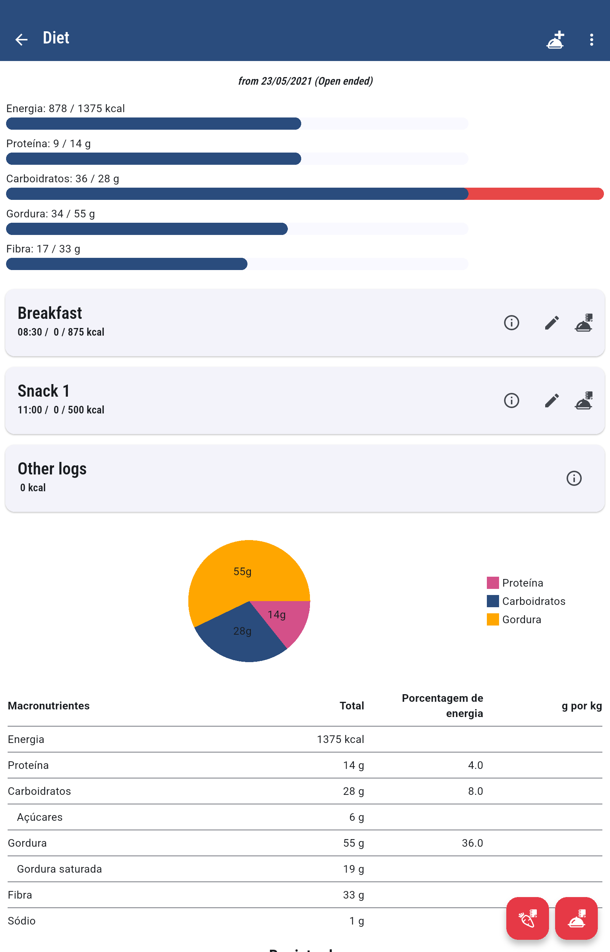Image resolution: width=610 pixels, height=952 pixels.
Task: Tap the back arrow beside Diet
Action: tap(21, 39)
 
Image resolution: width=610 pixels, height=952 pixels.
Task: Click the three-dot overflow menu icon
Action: tap(591, 40)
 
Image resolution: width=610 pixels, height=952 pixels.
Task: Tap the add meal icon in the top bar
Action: tap(555, 40)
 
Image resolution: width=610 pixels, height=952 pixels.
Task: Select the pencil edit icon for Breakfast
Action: tap(551, 323)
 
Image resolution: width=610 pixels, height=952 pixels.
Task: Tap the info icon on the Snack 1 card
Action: tap(511, 400)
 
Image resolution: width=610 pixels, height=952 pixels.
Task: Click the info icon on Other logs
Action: tap(573, 478)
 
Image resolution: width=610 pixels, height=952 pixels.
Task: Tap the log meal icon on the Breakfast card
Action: tap(583, 323)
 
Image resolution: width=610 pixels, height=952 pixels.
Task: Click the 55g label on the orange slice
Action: tap(242, 571)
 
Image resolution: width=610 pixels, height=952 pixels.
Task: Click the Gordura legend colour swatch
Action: tap(492, 619)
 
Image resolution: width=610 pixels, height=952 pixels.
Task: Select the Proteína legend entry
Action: tap(522, 583)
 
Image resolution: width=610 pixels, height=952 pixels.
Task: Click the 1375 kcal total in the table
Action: tap(340, 739)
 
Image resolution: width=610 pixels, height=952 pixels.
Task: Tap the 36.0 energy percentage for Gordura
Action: tap(472, 843)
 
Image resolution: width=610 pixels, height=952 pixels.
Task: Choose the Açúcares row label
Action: tap(40, 817)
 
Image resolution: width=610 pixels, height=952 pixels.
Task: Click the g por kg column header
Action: tap(581, 706)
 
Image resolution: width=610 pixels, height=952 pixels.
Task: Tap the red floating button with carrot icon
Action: tap(527, 918)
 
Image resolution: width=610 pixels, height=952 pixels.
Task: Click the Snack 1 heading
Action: tap(44, 391)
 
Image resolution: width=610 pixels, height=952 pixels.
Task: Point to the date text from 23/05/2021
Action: tap(305, 81)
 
